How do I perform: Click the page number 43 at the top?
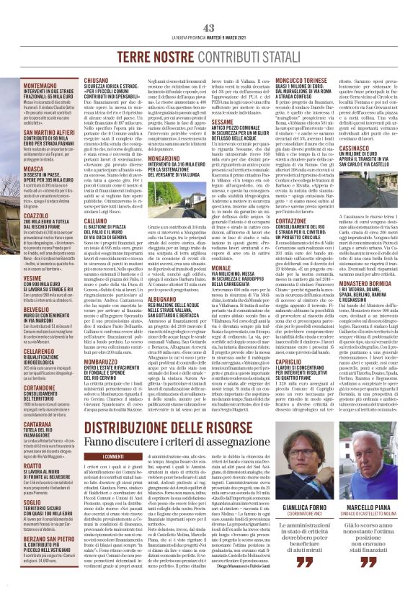click(209, 27)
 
